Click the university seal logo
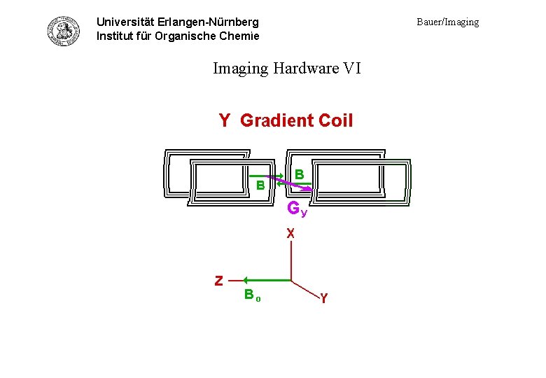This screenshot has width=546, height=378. [64, 30]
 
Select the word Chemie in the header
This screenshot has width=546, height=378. [239, 36]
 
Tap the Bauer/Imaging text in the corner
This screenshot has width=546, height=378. [448, 22]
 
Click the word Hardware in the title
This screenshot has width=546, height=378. [307, 68]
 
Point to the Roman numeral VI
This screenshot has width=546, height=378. [352, 68]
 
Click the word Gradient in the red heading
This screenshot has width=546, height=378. [276, 120]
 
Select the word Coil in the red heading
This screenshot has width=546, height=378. [336, 120]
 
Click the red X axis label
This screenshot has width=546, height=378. [290, 232]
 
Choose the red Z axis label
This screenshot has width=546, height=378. [219, 281]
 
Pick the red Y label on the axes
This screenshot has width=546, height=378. [323, 299]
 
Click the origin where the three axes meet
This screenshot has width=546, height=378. [290, 281]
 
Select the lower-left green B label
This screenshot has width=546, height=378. [260, 185]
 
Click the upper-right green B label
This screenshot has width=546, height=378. [299, 173]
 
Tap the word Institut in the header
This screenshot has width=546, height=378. [116, 36]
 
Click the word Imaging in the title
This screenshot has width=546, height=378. [240, 68]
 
